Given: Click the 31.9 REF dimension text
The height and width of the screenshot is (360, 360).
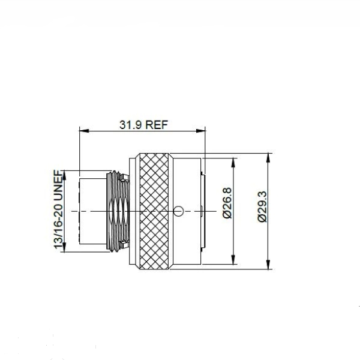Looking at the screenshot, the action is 144,125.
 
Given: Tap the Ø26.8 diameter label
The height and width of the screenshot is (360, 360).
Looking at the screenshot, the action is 227,203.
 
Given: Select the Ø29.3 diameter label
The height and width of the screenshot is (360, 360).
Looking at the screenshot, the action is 262,206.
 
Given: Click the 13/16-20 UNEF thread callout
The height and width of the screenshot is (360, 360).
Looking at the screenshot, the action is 58,209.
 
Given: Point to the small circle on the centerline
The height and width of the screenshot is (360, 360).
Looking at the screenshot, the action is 178,211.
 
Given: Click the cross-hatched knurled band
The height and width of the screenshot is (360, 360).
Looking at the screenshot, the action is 154,211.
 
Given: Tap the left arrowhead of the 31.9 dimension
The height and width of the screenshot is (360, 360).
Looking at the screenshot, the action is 84,131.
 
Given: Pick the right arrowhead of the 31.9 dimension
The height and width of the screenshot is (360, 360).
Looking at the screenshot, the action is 200,131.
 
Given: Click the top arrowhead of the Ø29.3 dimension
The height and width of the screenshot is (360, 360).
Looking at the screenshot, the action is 268,158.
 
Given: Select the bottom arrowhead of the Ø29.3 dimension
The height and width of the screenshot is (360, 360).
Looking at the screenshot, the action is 268,265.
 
